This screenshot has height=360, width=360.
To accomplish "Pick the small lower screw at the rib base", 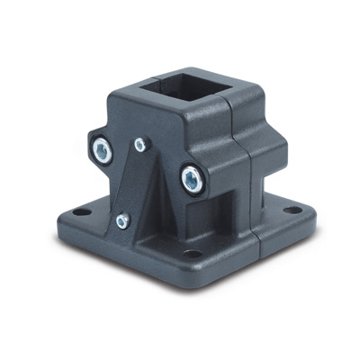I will click(x=122, y=219).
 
